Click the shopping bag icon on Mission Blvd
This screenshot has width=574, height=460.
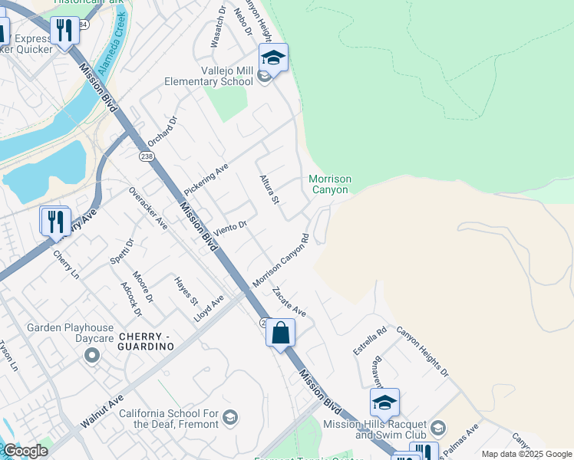click(x=281, y=333)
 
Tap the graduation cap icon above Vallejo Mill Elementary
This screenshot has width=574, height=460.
click(x=273, y=58)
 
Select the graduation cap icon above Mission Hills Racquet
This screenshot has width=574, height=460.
click(x=384, y=402)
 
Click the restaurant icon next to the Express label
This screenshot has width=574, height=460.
click(x=64, y=31)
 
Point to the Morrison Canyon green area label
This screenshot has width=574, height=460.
click(x=330, y=184)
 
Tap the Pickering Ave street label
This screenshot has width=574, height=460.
click(x=206, y=178)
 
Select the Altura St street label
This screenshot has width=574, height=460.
click(x=268, y=189)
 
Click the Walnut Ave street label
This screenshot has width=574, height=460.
click(x=102, y=412)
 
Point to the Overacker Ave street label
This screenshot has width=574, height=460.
click(x=148, y=208)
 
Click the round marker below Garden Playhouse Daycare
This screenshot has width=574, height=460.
click(x=92, y=354)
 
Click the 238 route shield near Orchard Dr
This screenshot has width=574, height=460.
click(x=147, y=156)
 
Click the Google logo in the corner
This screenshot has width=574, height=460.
click(x=25, y=451)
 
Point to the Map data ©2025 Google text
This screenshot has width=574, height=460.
click(x=526, y=454)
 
